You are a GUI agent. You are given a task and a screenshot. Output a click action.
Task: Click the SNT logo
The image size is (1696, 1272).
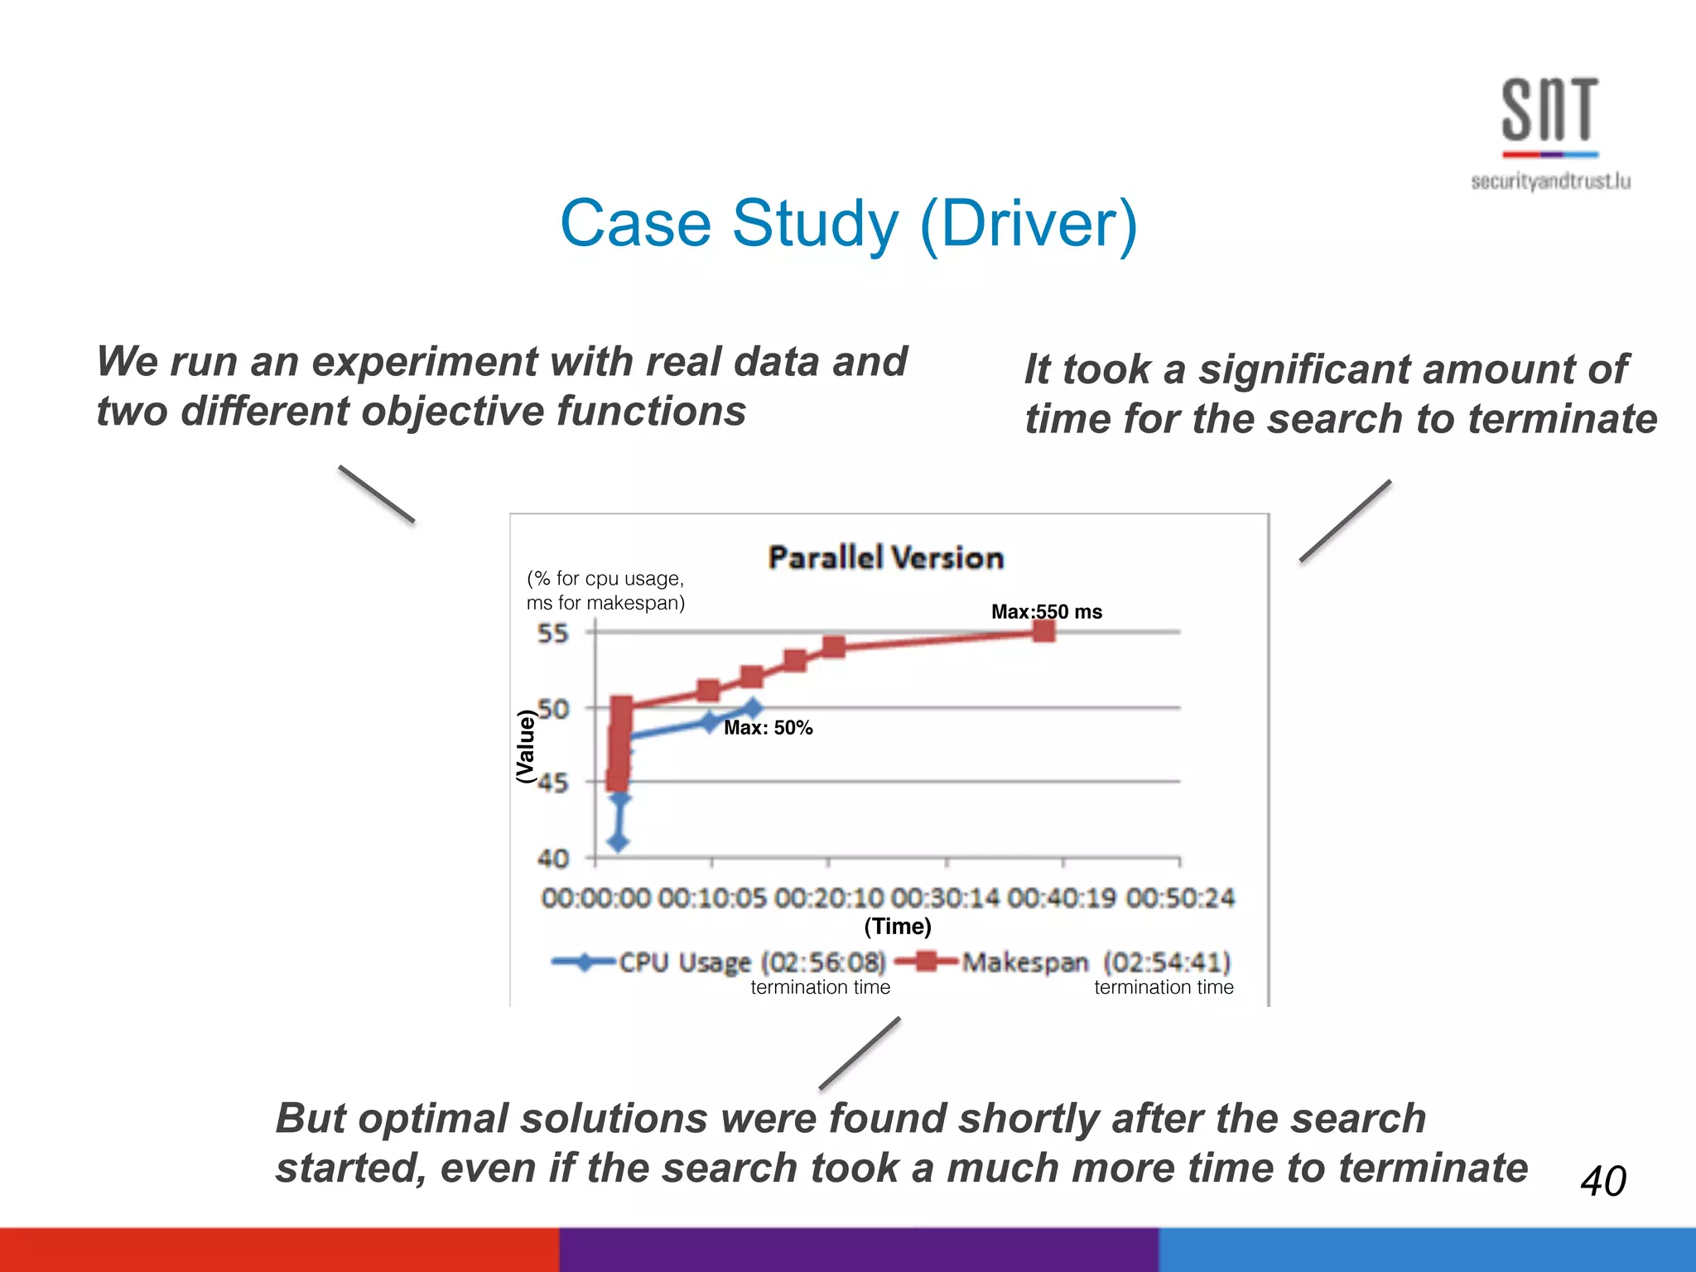1549,112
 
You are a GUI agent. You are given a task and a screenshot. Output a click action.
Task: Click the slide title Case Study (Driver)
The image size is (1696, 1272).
849,224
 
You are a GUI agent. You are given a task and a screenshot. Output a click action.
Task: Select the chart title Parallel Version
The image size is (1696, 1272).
885,557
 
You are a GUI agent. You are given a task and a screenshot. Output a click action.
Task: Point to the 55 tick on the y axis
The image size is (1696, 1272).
553,634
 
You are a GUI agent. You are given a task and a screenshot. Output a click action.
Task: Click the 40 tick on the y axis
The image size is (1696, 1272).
553,859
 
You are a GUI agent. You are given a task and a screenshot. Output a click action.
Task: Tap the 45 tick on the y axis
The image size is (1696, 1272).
553,783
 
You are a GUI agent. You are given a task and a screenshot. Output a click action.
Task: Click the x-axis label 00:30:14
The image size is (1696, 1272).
946,898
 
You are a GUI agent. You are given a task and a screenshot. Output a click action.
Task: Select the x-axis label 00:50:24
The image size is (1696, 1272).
1180,898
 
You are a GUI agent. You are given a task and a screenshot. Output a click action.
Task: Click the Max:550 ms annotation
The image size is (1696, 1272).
1047,612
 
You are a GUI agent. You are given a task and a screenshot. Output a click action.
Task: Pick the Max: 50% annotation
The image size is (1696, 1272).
768,728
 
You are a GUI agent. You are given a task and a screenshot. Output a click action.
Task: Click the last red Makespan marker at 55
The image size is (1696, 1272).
1044,632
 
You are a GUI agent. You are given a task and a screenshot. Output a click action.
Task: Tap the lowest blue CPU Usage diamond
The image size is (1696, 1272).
619,842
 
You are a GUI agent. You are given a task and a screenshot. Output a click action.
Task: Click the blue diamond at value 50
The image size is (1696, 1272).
752,708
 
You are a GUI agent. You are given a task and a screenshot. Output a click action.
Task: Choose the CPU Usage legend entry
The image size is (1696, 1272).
719,962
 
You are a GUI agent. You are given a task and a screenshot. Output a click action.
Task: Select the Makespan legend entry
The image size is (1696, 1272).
1064,962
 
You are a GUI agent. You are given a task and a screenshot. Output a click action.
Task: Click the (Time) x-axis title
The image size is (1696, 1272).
898,926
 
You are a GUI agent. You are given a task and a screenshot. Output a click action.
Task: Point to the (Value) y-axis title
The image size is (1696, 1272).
525,746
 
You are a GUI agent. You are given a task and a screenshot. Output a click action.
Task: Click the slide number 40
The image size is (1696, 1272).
1603,1180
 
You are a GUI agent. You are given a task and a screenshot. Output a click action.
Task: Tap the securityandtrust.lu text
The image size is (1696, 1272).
1550,181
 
